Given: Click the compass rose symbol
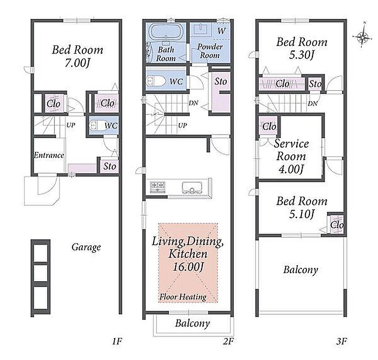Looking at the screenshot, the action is pyautogui.click(x=362, y=37).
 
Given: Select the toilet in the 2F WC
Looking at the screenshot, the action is pyautogui.click(x=156, y=81).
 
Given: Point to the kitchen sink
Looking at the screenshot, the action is pyautogui.click(x=192, y=187).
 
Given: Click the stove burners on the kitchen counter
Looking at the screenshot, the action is pyautogui.click(x=157, y=187).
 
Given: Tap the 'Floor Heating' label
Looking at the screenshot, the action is pyautogui.click(x=183, y=297).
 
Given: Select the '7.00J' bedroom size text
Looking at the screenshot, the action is pyautogui.click(x=77, y=63).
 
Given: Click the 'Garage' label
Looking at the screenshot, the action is pyautogui.click(x=86, y=247).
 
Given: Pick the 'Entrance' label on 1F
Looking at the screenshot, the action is pyautogui.click(x=49, y=155).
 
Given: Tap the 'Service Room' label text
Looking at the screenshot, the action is pyautogui.click(x=292, y=150).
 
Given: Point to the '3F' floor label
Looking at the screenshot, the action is pyautogui.click(x=342, y=341).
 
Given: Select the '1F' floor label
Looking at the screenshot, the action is pyautogui.click(x=117, y=341).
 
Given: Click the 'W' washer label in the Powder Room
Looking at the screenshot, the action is pyautogui.click(x=221, y=31).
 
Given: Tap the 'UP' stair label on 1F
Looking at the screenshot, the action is pyautogui.click(x=71, y=125).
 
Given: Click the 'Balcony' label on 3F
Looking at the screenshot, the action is pyautogui.click(x=301, y=270).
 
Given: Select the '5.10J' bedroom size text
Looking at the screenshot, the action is pyautogui.click(x=302, y=214).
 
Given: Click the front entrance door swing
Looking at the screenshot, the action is pyautogui.click(x=48, y=185).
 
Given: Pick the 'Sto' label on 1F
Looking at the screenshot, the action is pyautogui.click(x=110, y=166).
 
